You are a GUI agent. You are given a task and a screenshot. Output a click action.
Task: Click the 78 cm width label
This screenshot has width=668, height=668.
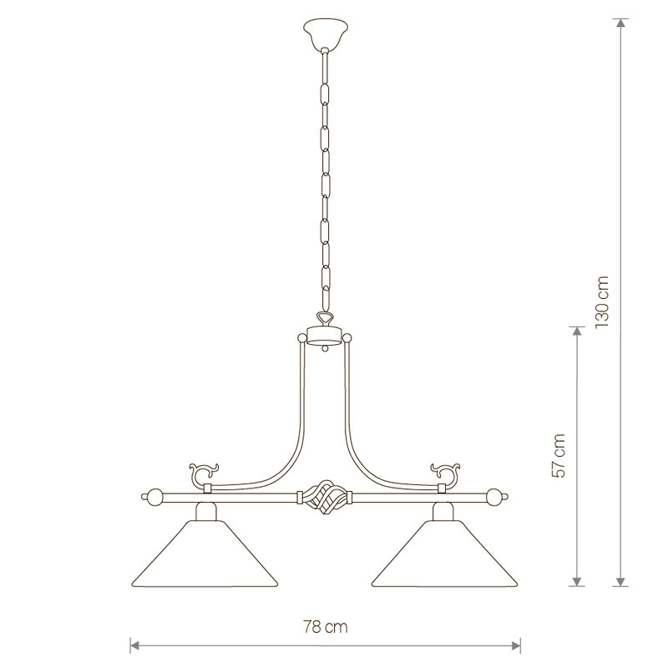click(x=326, y=627)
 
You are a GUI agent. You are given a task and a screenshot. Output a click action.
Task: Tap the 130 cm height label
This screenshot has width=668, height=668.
click(x=602, y=301)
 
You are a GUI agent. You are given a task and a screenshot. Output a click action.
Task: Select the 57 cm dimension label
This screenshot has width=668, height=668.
click(x=558, y=455)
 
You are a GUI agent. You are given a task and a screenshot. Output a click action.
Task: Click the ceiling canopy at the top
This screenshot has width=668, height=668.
click(x=325, y=33)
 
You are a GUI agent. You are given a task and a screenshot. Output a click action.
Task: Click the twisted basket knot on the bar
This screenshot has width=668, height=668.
click(x=325, y=497)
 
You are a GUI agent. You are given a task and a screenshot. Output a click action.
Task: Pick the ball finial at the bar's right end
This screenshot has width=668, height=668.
click(x=497, y=497)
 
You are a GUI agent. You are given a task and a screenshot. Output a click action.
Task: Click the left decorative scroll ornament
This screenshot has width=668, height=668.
click(x=203, y=472)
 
